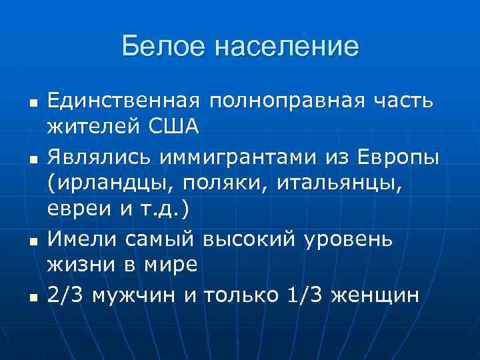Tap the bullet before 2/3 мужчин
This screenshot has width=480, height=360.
point(32,296)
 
